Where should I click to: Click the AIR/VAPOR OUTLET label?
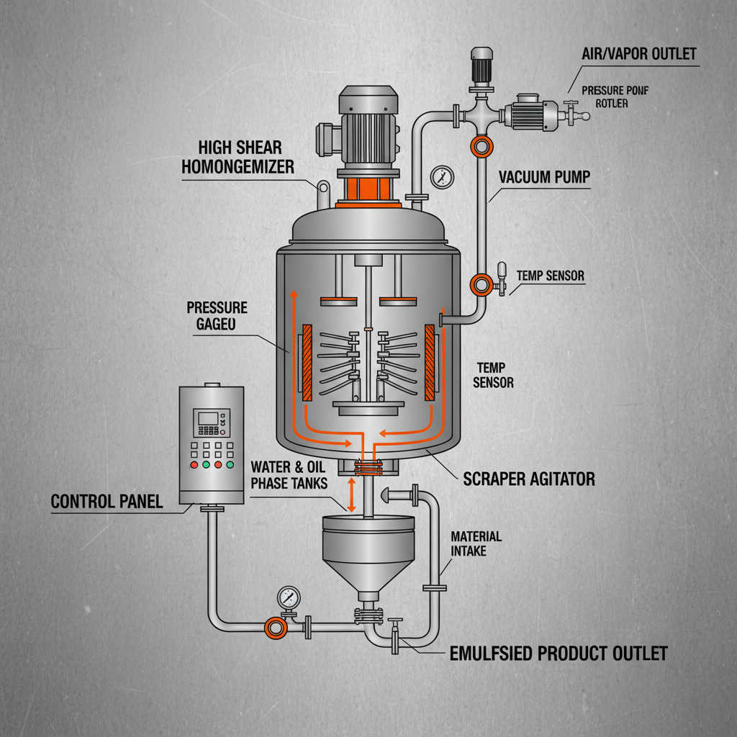[x=639, y=55]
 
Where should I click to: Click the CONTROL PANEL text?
[x=107, y=501]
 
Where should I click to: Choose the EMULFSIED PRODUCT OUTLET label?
[x=558, y=654]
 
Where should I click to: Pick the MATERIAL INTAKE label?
[x=476, y=544]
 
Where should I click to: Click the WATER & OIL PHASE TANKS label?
[x=289, y=475]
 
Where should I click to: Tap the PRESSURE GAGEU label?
[x=217, y=316]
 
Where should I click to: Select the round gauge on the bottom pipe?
[x=289, y=597]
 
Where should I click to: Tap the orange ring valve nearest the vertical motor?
[x=479, y=147]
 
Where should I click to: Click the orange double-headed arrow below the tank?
[x=352, y=495]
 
